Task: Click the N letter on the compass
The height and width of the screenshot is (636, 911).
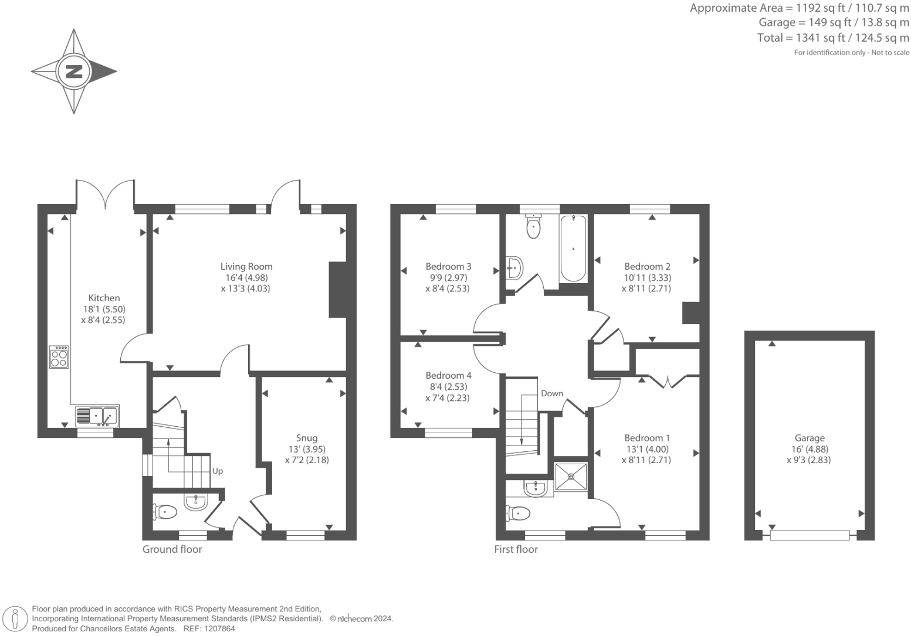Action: pyautogui.click(x=74, y=72)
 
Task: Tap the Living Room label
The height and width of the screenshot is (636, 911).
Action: pyautogui.click(x=246, y=267)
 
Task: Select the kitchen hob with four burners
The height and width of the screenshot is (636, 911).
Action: pyautogui.click(x=59, y=357)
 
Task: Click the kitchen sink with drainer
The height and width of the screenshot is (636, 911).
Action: pyautogui.click(x=97, y=416)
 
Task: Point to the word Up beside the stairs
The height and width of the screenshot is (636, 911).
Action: pyautogui.click(x=218, y=471)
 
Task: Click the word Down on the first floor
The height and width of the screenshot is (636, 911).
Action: pyautogui.click(x=552, y=393)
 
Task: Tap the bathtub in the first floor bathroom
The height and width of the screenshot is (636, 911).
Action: pyautogui.click(x=574, y=249)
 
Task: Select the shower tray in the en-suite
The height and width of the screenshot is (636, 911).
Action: pyautogui.click(x=571, y=477)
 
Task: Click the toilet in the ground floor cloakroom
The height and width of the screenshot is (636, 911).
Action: pyautogui.click(x=165, y=512)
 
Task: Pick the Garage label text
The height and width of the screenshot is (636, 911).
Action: pyautogui.click(x=810, y=438)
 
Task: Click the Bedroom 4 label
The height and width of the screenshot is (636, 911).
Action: pyautogui.click(x=448, y=376)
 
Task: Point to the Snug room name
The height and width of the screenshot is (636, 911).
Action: pyautogui.click(x=307, y=438)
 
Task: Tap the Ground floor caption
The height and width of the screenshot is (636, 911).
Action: pyautogui.click(x=172, y=549)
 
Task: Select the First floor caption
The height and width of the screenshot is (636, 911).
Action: pyautogui.click(x=516, y=549)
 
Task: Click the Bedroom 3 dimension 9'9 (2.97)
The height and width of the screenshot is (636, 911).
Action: pyautogui.click(x=448, y=278)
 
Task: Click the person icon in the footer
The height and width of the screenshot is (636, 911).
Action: pyautogui.click(x=15, y=620)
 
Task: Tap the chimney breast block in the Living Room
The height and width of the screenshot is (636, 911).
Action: pyautogui.click(x=337, y=290)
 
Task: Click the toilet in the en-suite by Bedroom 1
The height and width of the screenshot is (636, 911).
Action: pyautogui.click(x=518, y=513)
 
